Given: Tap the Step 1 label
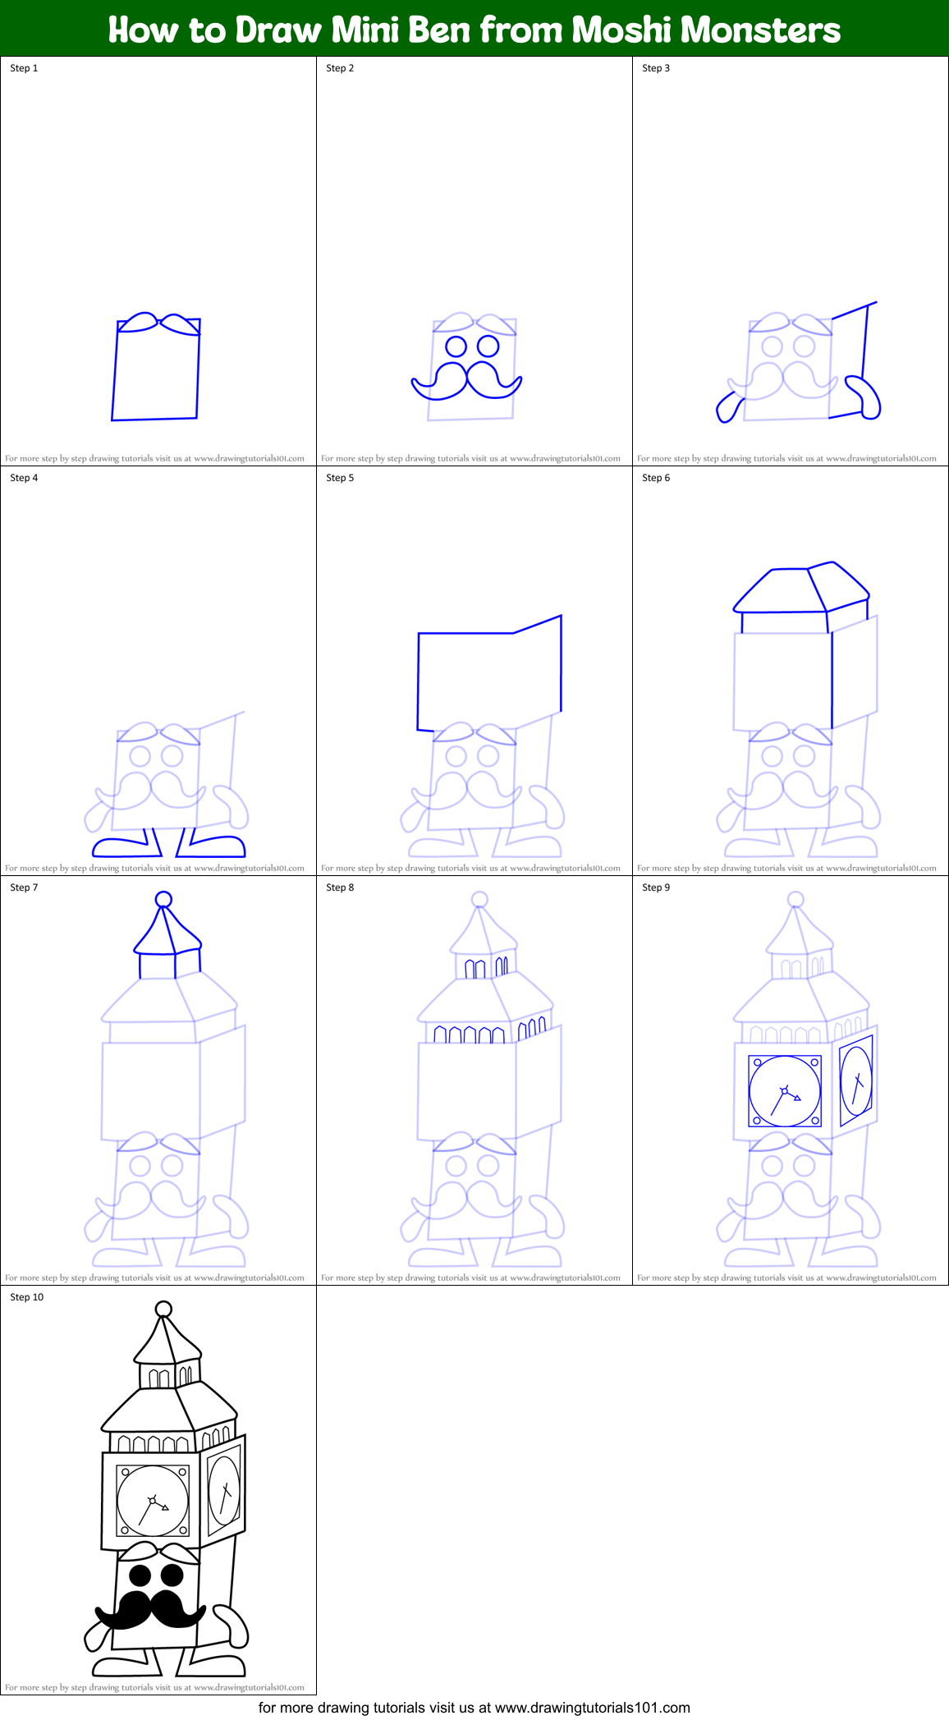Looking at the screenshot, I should tap(24, 68).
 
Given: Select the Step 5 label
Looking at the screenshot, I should tap(340, 478).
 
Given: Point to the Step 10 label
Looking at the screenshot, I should tap(26, 1297).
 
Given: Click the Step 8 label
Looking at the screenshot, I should tap(340, 888).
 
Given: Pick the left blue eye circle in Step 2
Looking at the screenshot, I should tap(456, 346).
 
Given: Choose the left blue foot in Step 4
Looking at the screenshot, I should tap(121, 847).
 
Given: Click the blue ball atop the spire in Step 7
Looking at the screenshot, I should tap(163, 900).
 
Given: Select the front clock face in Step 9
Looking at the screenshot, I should tap(785, 1091).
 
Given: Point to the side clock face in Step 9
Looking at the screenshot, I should tap(856, 1080).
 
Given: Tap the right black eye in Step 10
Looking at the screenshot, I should tap(172, 1575).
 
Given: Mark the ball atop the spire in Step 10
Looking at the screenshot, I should tap(163, 1309).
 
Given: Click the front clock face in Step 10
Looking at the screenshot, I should tap(153, 1501).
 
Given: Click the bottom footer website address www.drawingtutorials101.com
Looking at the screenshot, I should tap(593, 1708).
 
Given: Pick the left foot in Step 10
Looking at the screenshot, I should tap(121, 1667).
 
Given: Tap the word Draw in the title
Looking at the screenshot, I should tap(278, 30).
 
